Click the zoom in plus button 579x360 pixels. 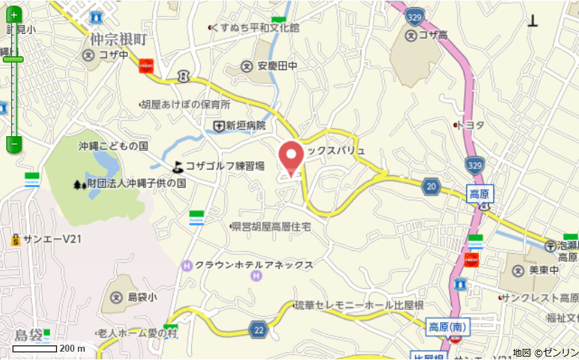14,15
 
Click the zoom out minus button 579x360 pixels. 14,144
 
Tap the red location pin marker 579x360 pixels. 291,156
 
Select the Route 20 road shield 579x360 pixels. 432,186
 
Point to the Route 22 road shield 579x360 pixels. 259,330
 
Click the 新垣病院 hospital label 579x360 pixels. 246,126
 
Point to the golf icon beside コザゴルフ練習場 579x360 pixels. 179,166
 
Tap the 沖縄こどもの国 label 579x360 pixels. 113,146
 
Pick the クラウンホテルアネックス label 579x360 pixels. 254,265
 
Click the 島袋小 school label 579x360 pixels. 142,297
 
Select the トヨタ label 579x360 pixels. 471,125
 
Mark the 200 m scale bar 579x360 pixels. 35,347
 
